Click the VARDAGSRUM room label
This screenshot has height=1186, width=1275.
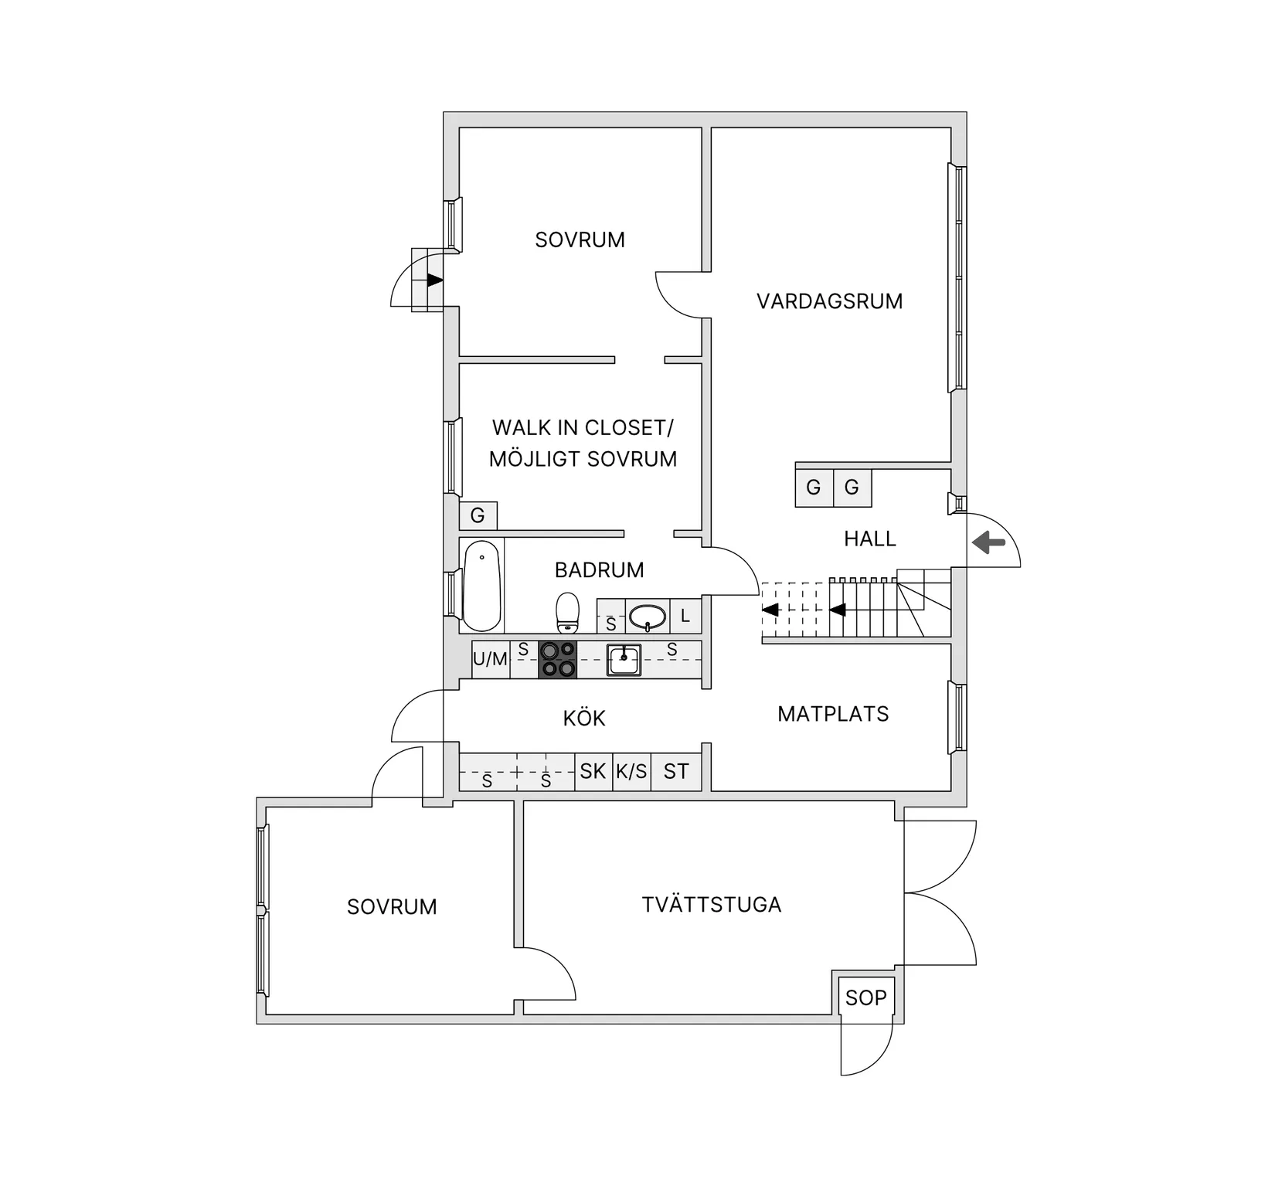[x=829, y=301]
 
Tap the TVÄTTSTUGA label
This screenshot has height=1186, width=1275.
[x=711, y=905]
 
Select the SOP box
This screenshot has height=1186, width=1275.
[x=865, y=997]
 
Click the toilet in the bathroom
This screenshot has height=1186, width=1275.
[x=568, y=612]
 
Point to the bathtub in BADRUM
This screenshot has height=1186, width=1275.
[x=481, y=585]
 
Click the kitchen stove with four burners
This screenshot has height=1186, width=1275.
[x=558, y=660]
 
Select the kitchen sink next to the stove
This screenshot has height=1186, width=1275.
[x=624, y=661]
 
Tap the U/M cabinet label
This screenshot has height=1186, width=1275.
[x=490, y=660]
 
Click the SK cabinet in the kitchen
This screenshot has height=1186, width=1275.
[x=593, y=771]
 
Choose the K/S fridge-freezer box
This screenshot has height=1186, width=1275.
[x=631, y=771]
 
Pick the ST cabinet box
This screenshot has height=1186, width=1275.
[x=676, y=771]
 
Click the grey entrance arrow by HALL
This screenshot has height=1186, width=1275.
[x=988, y=542]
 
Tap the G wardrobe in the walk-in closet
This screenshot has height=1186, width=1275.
[x=478, y=515]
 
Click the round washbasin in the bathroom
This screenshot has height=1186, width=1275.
[x=648, y=617]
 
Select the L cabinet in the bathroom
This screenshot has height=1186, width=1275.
[x=685, y=617]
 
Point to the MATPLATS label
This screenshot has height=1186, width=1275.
[x=833, y=714]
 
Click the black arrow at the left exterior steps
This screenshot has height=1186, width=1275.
[x=435, y=280]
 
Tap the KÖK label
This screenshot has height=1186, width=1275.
[x=584, y=719]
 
